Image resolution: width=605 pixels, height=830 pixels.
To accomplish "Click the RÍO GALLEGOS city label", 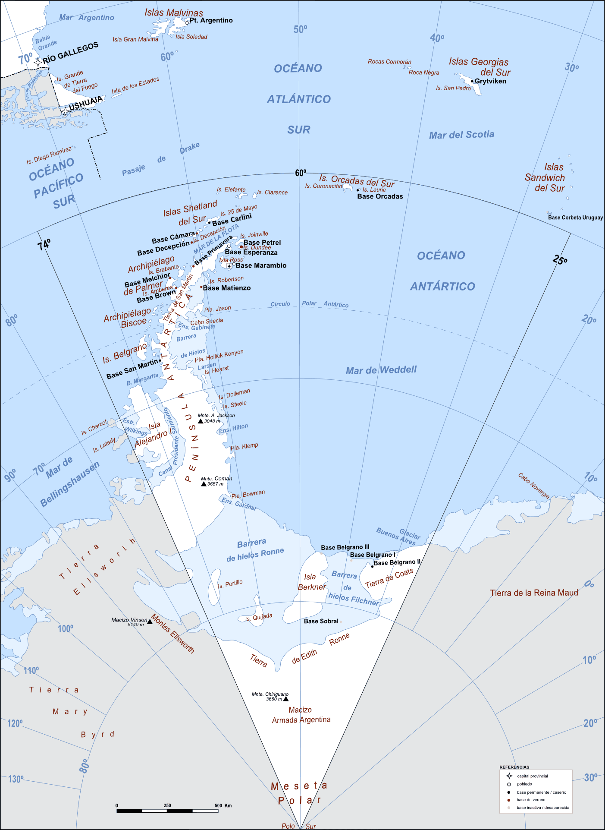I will click(x=70, y=52).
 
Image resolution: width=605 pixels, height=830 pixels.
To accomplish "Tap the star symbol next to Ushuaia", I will click(x=63, y=111).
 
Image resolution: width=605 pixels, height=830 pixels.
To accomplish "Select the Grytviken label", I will click(x=490, y=81).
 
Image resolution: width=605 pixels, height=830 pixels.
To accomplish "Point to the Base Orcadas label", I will click(x=380, y=196).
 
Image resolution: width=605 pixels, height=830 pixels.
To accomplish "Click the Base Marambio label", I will click(x=261, y=265).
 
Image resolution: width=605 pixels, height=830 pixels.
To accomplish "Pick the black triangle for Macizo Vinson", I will click(x=150, y=622).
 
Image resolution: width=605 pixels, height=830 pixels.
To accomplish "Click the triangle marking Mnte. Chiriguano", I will click(x=285, y=698).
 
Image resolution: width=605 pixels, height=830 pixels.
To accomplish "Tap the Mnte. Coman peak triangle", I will click(x=204, y=484).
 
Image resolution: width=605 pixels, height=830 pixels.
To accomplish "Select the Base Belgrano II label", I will click(x=397, y=562).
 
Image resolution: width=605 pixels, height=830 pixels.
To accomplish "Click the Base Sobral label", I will click(x=321, y=621).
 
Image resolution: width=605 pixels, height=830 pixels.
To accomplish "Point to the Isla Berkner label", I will click(x=311, y=582).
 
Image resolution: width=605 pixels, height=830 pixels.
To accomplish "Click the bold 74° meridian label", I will click(x=44, y=245).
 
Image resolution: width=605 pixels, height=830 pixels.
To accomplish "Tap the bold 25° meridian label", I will click(x=560, y=260).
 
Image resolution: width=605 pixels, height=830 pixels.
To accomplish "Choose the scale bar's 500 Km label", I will click(x=223, y=805).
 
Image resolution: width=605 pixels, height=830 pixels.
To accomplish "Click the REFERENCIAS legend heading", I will click(x=514, y=767).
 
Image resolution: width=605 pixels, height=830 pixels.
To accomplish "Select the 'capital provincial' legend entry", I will click(x=532, y=776).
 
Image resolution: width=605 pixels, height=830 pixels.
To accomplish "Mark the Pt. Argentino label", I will click(x=211, y=20).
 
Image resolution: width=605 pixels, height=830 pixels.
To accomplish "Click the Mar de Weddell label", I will click(x=381, y=370).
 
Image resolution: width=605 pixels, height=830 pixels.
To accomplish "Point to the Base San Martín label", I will click(x=132, y=369).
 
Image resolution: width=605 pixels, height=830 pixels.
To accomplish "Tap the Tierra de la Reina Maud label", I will click(x=534, y=593).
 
